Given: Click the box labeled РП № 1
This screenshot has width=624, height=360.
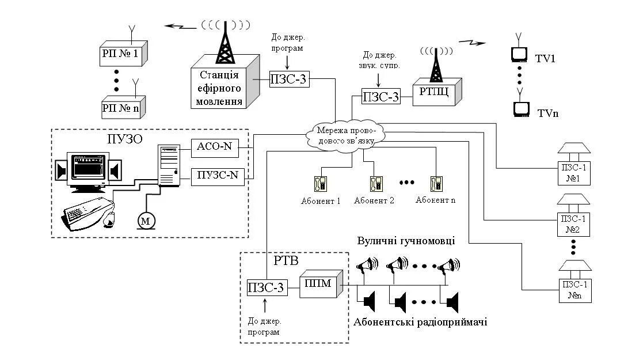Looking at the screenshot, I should pos(120,54).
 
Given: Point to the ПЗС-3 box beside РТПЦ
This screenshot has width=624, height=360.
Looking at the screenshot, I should pos(381,96).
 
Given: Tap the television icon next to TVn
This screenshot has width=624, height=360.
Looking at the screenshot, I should pos(521,108).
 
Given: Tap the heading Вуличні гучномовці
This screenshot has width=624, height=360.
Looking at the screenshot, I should pos(406,241).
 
